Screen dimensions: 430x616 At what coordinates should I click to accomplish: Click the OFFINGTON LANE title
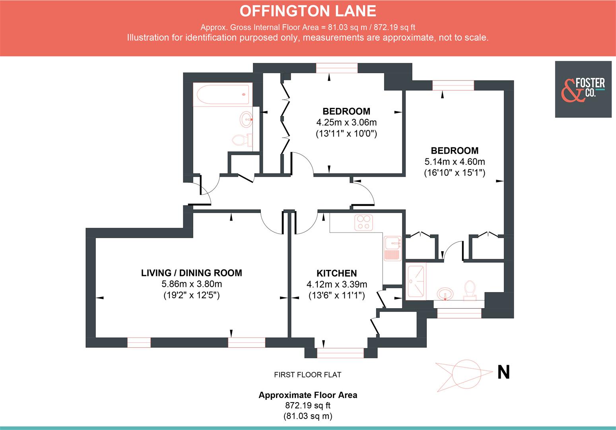pos(308,11)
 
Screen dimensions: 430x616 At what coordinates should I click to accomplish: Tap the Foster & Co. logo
pos(583,89)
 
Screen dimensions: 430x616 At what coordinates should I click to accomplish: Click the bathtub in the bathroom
pos(223,94)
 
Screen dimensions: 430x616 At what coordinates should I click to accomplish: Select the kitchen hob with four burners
pos(363,223)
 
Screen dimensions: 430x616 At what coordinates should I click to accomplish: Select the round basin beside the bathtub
pos(246,118)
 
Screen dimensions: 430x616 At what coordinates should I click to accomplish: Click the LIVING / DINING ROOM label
pos(192,273)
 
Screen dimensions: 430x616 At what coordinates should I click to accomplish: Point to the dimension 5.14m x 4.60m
pos(455,162)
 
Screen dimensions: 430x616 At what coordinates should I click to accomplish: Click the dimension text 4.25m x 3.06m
pos(346,122)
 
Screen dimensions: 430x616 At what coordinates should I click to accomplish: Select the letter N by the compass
pos(503,373)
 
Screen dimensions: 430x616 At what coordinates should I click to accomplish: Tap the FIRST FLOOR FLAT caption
pos(307,375)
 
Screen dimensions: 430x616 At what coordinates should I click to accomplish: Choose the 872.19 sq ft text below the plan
pos(308,406)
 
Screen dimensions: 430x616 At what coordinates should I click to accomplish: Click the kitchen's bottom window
pos(340,353)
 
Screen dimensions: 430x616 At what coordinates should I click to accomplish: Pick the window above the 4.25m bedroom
pos(336,68)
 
